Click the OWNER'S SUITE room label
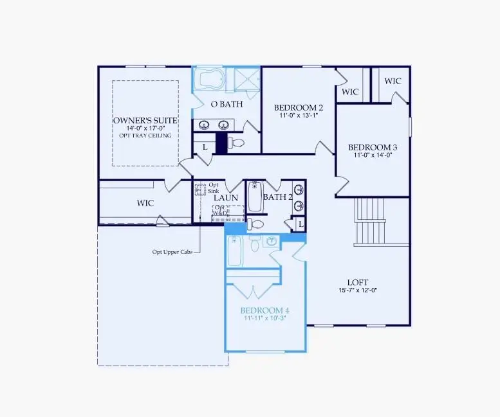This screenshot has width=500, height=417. coord(145,120)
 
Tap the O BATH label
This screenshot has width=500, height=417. coord(226,103)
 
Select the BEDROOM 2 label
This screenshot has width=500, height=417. coord(299,107)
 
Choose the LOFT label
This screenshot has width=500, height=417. coord(358,281)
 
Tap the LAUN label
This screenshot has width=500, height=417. coord(227,198)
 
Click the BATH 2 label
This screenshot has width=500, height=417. coord(278,197)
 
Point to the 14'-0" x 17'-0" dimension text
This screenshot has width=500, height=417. coord(145,129)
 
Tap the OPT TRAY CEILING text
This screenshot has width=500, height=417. coord(145,136)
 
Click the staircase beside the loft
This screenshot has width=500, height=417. coord(369,222)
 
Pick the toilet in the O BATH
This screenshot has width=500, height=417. coord(236,142)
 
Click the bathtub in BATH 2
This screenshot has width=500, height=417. coord(255,197)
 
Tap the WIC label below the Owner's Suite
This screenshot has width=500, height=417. coord(145,202)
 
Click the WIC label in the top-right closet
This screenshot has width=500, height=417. coord(393,81)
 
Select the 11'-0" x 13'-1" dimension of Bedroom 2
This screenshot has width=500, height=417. coord(298,116)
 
